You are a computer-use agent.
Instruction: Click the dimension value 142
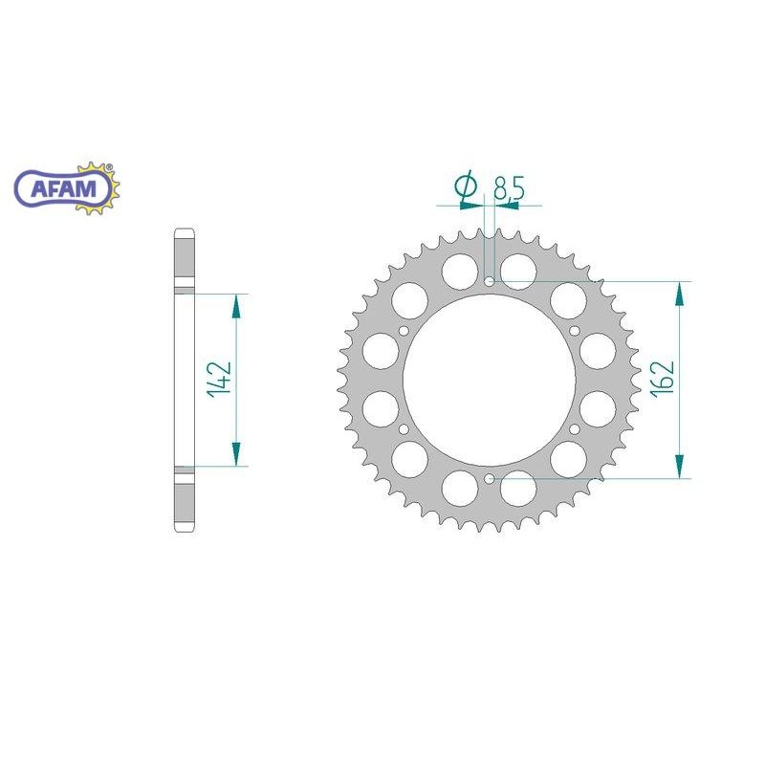pyautogui.click(x=218, y=381)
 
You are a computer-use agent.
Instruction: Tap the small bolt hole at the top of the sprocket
pyautogui.click(x=490, y=282)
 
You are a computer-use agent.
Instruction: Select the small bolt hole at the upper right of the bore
pyautogui.click(x=575, y=331)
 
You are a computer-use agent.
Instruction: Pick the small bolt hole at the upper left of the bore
pyautogui.click(x=404, y=331)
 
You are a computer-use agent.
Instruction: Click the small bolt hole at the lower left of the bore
pyautogui.click(x=404, y=429)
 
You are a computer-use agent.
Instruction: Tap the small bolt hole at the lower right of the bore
pyautogui.click(x=575, y=429)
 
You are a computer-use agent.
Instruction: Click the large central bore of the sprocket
pyautogui.click(x=490, y=381)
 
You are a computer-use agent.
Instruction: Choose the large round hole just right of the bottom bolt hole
pyautogui.click(x=520, y=489)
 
